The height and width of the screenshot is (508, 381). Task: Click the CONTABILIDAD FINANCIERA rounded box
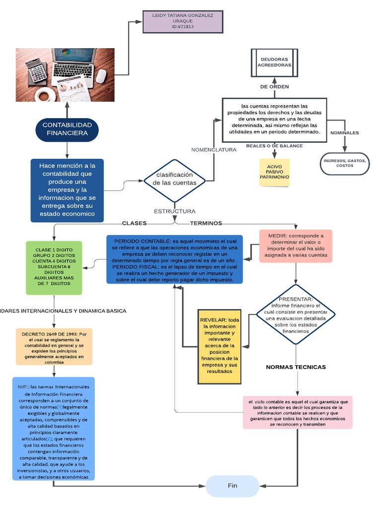click(67, 129)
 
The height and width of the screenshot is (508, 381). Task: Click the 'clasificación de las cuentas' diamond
click(174, 179)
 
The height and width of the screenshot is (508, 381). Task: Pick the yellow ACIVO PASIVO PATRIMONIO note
click(274, 172)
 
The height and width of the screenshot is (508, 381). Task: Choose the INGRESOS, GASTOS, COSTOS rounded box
click(345, 163)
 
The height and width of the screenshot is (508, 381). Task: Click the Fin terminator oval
click(233, 486)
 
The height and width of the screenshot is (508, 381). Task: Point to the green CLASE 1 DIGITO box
click(54, 267)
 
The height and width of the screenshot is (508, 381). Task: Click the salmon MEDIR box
click(296, 246)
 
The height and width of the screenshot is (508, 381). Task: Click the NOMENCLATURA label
click(214, 150)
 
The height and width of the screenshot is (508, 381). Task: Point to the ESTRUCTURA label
click(175, 211)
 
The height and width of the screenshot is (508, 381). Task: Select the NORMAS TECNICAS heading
click(296, 367)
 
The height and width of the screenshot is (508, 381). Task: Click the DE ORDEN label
click(274, 87)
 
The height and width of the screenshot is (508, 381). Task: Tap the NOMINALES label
click(344, 133)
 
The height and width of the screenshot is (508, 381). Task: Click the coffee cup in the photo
click(43, 94)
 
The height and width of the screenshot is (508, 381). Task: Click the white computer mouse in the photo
click(101, 75)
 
